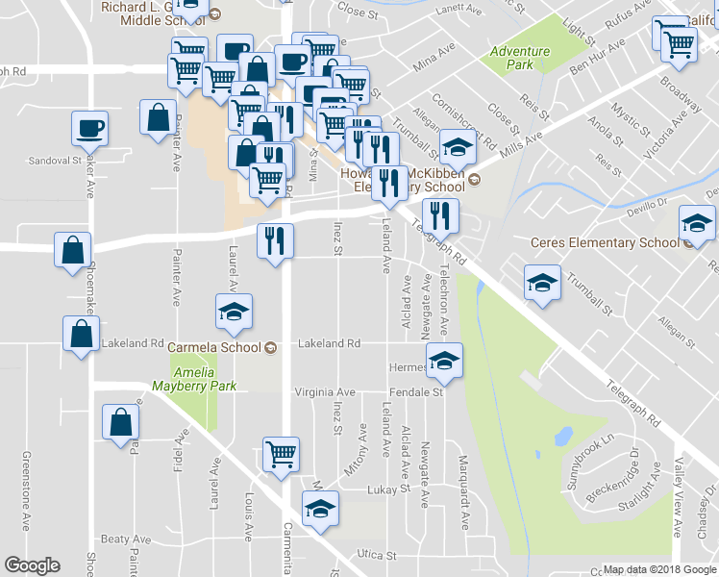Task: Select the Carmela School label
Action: (x=214, y=347)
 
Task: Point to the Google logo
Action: (x=32, y=565)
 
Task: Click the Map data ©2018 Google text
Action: (x=659, y=569)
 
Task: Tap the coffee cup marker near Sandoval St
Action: (x=89, y=129)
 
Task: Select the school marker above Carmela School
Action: (x=234, y=313)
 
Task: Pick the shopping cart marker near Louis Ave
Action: (x=281, y=455)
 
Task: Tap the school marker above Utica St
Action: (x=321, y=509)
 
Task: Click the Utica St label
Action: (x=377, y=555)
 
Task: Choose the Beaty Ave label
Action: (x=121, y=539)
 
